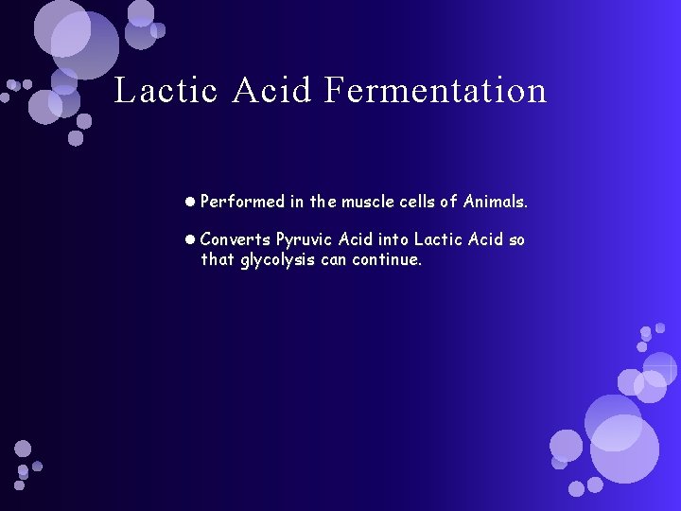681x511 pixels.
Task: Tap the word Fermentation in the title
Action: click(435, 91)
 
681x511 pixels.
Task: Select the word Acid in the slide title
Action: click(271, 91)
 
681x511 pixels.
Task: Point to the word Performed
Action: click(243, 202)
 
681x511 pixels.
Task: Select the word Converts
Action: click(235, 240)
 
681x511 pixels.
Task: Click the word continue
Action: click(387, 259)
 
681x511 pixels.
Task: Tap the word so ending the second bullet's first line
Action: click(516, 240)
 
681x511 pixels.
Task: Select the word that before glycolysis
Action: click(218, 259)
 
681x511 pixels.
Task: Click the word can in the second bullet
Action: click(334, 260)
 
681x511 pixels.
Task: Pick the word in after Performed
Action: click(297, 202)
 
